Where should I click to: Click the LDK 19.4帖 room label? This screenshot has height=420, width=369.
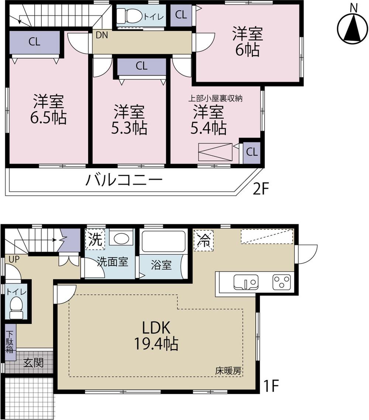(x=156, y=335)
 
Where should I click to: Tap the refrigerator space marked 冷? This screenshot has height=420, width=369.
(x=203, y=240)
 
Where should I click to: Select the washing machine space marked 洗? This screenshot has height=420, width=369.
(x=95, y=240)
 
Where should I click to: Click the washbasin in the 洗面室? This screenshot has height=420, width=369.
(x=121, y=239)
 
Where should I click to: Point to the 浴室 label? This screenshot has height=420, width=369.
(x=161, y=265)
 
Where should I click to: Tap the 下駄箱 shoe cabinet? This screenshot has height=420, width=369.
(x=9, y=342)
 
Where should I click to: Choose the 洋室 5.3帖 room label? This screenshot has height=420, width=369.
(x=129, y=119)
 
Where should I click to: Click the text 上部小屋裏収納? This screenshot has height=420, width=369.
(x=215, y=98)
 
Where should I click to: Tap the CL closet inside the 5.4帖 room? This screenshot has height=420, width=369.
(x=251, y=152)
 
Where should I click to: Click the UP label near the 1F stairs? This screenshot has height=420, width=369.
(x=14, y=259)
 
